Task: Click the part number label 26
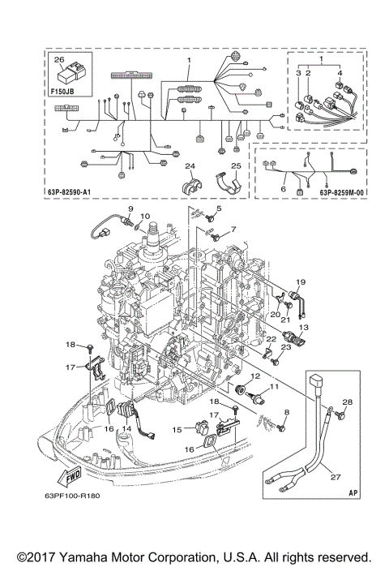[x=58, y=60]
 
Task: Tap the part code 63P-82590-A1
[x=79, y=192]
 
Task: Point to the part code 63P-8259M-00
[x=339, y=193]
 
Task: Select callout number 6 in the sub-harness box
[x=283, y=188]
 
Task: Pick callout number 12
[x=254, y=376]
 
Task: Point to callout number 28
[x=347, y=403]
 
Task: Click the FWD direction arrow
[x=51, y=475]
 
